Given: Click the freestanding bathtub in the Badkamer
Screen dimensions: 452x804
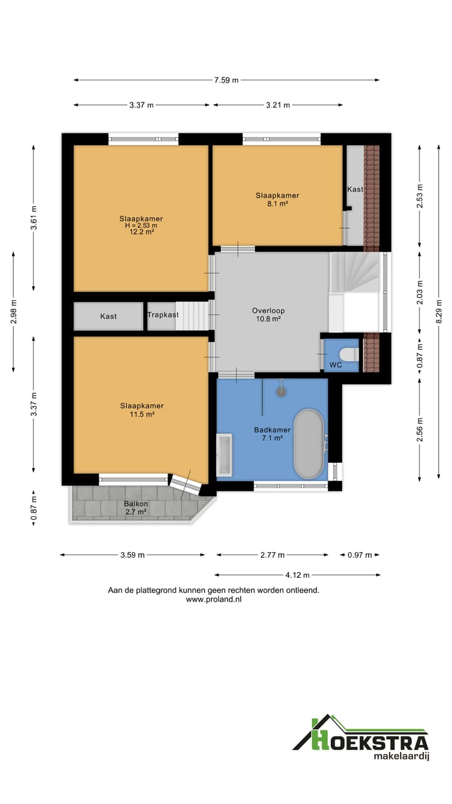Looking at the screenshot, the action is [x=308, y=443].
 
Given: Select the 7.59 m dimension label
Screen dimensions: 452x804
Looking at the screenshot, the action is [x=227, y=80].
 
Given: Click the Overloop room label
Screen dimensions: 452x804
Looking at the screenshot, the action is [x=268, y=311].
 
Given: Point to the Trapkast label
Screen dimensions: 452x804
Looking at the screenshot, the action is [x=163, y=315].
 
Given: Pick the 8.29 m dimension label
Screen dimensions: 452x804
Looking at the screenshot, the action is [x=438, y=312].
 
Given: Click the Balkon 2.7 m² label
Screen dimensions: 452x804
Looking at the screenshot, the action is [x=136, y=508].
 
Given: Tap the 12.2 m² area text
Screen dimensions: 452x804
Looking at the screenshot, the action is [x=142, y=232].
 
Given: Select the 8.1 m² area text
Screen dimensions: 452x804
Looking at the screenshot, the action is [x=277, y=204].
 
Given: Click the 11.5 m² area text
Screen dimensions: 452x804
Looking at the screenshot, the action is [x=142, y=414].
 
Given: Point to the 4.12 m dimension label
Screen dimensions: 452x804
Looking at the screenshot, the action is [x=298, y=575].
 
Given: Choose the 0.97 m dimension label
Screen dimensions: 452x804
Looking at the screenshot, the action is [x=360, y=555].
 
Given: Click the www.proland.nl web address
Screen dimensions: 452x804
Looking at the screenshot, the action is [x=214, y=599].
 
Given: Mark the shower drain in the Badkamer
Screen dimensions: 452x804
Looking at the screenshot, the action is [x=282, y=391].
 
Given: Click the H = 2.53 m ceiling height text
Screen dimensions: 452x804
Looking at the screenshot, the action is [x=141, y=225].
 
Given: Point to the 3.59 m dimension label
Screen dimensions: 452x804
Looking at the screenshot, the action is [x=132, y=555].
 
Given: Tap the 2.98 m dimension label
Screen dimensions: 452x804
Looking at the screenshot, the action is [x=14, y=312].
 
